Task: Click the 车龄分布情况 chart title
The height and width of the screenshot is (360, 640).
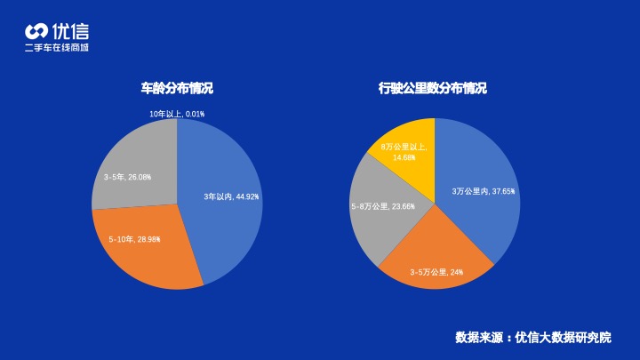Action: tap(177, 89)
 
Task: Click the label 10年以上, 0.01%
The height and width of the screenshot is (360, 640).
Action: tap(177, 114)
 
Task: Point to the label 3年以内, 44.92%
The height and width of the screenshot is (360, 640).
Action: tap(231, 196)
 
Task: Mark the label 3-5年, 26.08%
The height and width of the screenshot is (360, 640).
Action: tap(127, 177)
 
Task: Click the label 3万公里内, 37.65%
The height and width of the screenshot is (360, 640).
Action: tap(484, 191)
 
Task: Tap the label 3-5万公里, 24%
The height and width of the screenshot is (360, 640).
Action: tap(436, 272)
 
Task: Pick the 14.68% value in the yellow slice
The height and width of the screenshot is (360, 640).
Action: tap(404, 157)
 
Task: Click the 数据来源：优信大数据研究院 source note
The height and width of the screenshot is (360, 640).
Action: tap(533, 338)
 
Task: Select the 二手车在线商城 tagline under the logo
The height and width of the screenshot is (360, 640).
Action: tap(57, 47)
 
